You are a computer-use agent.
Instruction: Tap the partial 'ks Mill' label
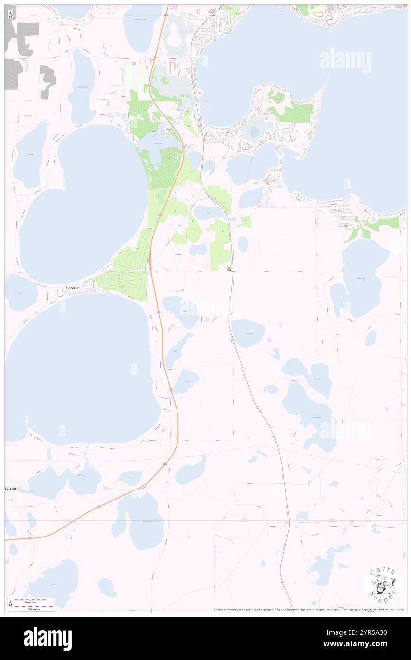(13, 489)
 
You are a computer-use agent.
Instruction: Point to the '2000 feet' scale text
(34, 600)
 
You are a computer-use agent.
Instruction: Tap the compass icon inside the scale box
(10, 604)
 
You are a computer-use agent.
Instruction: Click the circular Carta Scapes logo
(383, 585)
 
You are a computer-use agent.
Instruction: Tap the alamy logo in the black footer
(47, 638)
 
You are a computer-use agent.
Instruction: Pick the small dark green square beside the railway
(230, 269)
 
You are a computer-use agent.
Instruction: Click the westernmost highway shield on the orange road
(29, 538)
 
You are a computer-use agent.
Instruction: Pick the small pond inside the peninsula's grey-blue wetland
(255, 131)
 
